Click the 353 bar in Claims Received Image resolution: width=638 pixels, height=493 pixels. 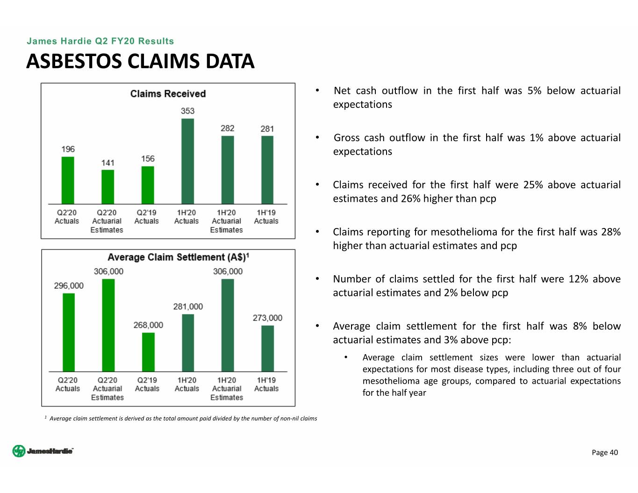pyautogui.click(x=187, y=161)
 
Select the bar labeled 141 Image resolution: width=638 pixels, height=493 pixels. pyautogui.click(x=108, y=187)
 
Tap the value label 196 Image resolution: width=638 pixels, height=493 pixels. pyautogui.click(x=68, y=149)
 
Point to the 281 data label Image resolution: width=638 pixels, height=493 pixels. pyautogui.click(x=267, y=129)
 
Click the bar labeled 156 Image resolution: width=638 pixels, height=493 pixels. pyautogui.click(x=148, y=185)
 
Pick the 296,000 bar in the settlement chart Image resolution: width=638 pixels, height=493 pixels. pyautogui.click(x=69, y=332)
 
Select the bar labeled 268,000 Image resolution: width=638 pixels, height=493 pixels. pyautogui.click(x=148, y=352)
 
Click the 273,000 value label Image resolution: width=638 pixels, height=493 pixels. pyautogui.click(x=267, y=318)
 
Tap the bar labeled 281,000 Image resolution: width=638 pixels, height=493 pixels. pyautogui.click(x=188, y=343)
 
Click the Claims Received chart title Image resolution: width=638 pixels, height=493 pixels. pyautogui.click(x=168, y=93)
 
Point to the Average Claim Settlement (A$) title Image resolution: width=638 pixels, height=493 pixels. pyautogui.click(x=178, y=257)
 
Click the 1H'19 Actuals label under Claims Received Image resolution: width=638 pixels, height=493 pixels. pyautogui.click(x=266, y=216)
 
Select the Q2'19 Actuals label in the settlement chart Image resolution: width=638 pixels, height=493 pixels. pyautogui.click(x=147, y=384)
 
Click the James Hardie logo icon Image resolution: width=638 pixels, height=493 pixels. pyautogui.click(x=19, y=451)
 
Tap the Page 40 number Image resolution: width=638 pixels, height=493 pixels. pyautogui.click(x=605, y=452)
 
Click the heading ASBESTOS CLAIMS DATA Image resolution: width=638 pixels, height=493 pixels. pyautogui.click(x=140, y=61)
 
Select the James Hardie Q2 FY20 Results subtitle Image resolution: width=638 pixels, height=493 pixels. pyautogui.click(x=100, y=41)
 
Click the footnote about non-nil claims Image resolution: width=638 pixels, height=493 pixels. pyautogui.click(x=181, y=418)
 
